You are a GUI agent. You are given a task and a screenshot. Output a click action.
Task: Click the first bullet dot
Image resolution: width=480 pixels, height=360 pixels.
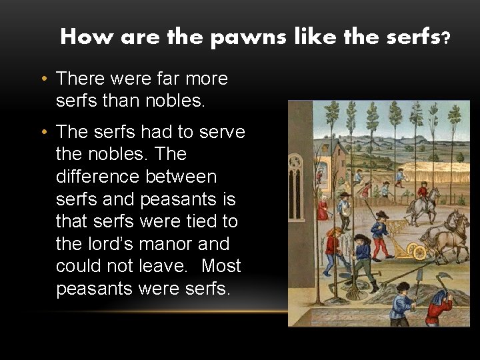click(43, 79)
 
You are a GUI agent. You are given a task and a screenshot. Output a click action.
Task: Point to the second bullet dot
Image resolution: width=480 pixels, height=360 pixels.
click(43, 133)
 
